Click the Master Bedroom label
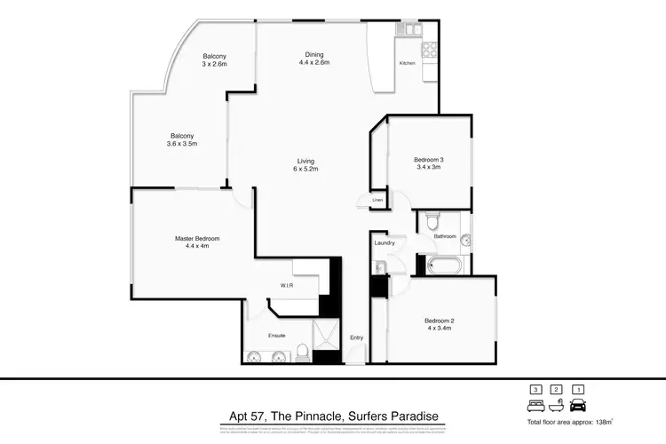(x=196, y=239)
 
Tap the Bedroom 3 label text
(x=429, y=160)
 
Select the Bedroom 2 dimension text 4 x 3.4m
(x=439, y=328)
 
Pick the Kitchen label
(x=408, y=63)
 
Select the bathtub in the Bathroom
(x=444, y=265)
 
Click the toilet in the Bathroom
(x=432, y=217)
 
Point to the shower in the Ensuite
(x=327, y=337)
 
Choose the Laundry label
(x=384, y=242)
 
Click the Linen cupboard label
(x=377, y=201)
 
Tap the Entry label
(x=357, y=337)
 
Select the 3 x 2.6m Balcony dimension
(x=214, y=64)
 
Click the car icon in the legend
(x=579, y=404)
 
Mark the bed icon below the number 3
(x=535, y=404)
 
